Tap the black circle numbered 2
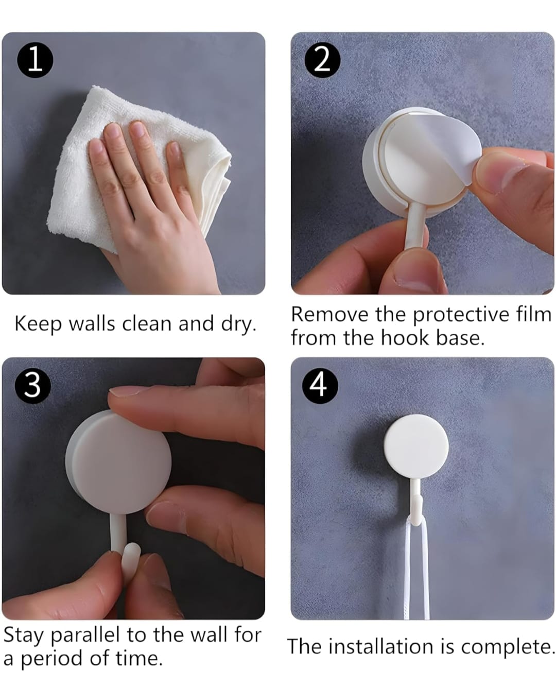[x=322, y=60]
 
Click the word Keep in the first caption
[x=38, y=323]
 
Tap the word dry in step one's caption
[x=238, y=323]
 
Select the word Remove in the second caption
[x=329, y=314]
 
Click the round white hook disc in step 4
[x=416, y=446]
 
